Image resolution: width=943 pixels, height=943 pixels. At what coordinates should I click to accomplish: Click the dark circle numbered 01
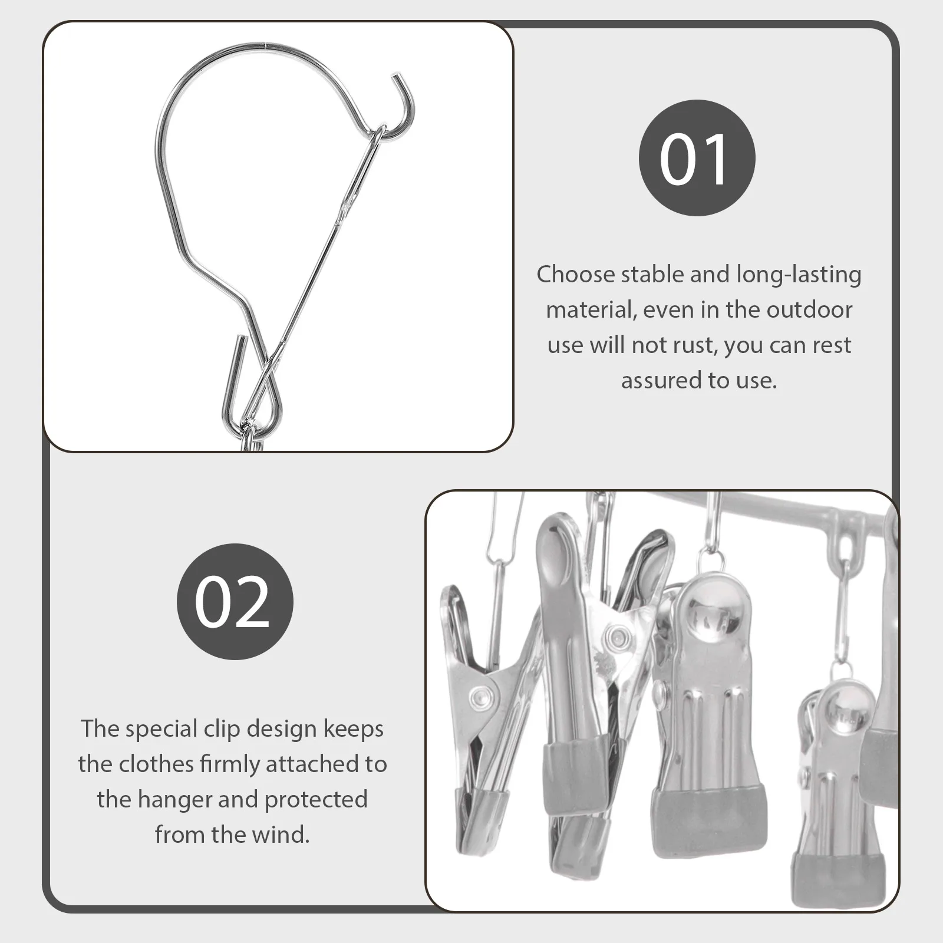(x=697, y=158)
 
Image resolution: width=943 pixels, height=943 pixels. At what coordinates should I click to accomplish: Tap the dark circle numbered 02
(x=235, y=601)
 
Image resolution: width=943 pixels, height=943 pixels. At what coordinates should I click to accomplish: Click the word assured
(x=659, y=381)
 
